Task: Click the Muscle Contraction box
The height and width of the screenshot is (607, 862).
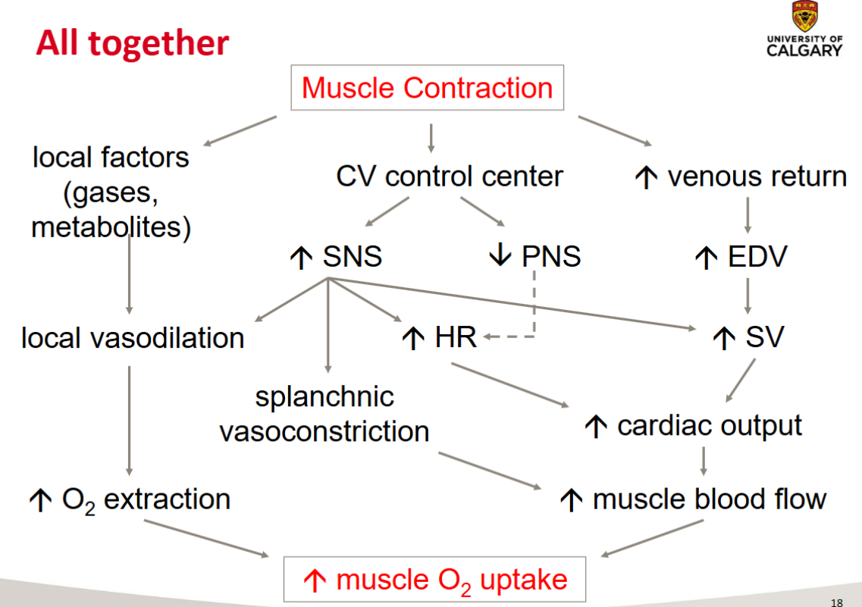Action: (x=428, y=88)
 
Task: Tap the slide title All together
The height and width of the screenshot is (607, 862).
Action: (x=132, y=43)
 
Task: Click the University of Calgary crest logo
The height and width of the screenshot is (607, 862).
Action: (x=804, y=17)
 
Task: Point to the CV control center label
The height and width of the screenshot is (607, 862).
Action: (x=450, y=177)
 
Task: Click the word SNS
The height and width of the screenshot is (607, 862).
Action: (x=352, y=257)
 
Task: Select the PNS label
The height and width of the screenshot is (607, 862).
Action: (x=551, y=257)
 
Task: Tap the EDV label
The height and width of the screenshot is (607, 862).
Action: (x=757, y=257)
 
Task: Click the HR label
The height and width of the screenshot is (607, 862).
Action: (x=455, y=337)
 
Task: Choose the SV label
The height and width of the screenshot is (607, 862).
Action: (x=763, y=337)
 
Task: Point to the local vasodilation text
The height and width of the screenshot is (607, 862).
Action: (x=133, y=338)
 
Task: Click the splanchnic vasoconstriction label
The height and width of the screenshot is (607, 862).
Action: (x=324, y=414)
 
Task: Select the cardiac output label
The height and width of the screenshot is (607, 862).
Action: (x=709, y=425)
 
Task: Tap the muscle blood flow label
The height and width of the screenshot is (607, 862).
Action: (x=709, y=499)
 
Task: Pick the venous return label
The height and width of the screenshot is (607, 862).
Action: (x=756, y=177)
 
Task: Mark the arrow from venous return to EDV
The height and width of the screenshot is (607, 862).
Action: (x=748, y=215)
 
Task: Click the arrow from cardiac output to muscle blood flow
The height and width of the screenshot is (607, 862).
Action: (x=704, y=460)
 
